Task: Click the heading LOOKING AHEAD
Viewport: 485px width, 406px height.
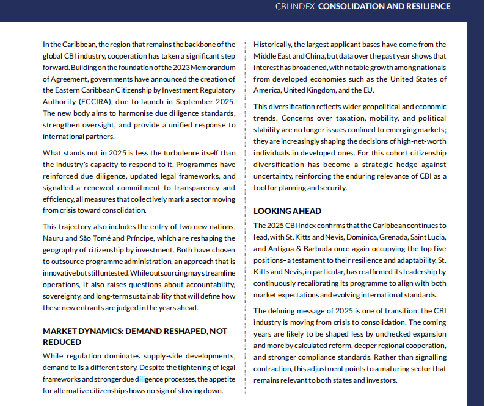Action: click(x=287, y=211)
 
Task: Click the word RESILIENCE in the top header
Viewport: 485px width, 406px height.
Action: click(x=423, y=7)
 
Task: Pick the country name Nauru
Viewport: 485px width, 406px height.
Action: click(x=57, y=238)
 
